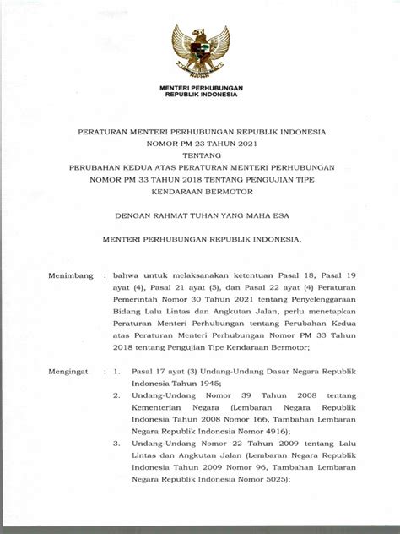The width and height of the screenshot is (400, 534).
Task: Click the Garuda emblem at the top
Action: pyautogui.click(x=201, y=52)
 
